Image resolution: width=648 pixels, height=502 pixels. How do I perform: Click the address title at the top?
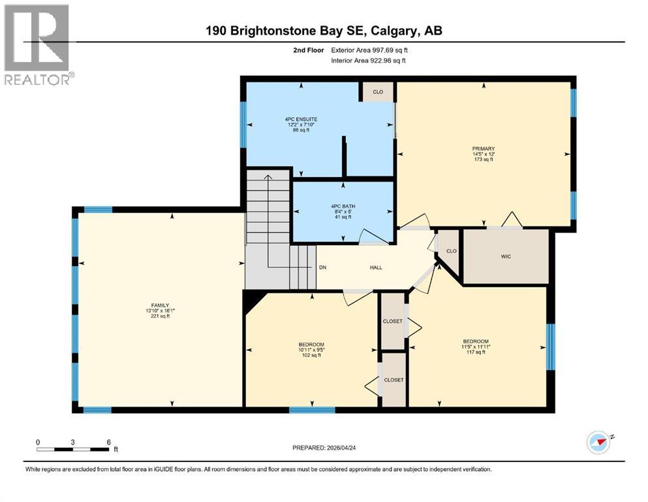pos(324,31)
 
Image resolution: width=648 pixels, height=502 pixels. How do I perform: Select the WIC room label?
pos(506,256)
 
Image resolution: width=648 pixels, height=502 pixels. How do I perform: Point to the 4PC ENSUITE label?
pos(301,120)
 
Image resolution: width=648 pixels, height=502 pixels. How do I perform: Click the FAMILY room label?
pos(161,305)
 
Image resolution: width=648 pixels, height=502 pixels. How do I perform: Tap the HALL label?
pos(376,267)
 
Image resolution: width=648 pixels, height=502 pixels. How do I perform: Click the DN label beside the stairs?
pos(322,267)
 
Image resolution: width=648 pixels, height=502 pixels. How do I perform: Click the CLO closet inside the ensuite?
pos(378,92)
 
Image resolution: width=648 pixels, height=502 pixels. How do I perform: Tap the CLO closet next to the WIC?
pos(450,250)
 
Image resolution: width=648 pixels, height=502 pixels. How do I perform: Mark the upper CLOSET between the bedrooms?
pos(393,322)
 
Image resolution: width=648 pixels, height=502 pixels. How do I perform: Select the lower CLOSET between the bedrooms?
pos(393,380)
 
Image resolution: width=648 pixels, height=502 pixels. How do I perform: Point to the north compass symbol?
pos(598,443)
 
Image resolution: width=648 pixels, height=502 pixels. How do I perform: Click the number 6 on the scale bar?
pos(108,442)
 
